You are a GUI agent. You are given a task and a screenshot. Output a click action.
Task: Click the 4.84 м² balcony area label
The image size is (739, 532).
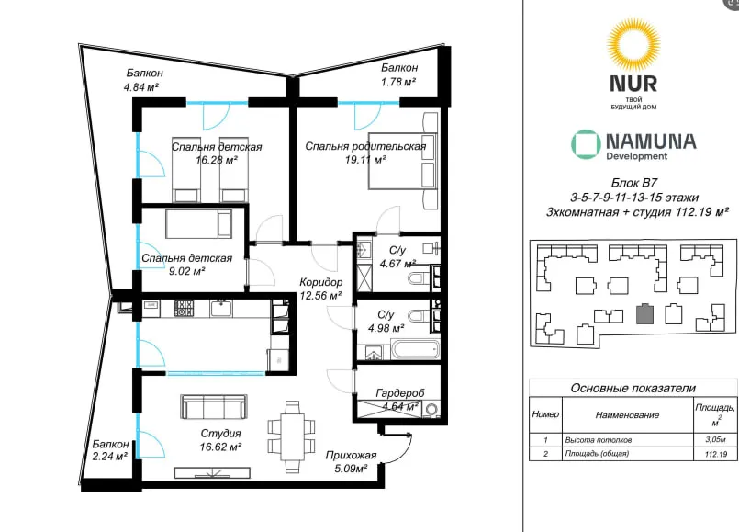tap(141, 87)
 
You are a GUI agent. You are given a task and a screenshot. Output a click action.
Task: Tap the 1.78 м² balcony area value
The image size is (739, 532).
tap(398, 82)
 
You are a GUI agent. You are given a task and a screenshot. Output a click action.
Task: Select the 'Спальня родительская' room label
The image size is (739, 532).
tap(365, 146)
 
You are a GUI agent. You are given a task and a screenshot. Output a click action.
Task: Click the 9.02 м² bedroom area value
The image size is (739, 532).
tap(186, 271)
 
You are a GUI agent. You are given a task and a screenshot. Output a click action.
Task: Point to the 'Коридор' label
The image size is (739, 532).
tap(321, 282)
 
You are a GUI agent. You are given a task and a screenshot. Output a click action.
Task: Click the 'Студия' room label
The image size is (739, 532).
tap(220, 434)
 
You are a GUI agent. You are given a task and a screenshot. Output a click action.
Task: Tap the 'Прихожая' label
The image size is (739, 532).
tap(351, 455)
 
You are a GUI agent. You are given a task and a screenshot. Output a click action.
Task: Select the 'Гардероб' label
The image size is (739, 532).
tap(400, 392)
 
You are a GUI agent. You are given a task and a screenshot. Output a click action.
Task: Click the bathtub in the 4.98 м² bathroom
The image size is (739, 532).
tap(416, 350)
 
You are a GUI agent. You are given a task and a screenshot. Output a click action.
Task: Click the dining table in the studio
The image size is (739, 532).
tap(292, 436)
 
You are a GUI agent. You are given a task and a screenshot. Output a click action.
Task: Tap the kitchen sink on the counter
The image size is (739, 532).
tap(221, 309)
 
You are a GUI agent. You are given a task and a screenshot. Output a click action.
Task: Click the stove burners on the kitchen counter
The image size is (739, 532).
tap(184, 309)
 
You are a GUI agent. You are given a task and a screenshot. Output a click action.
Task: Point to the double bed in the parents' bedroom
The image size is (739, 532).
tap(404, 161)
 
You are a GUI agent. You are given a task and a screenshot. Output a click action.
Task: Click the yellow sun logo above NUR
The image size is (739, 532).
tap(633, 44)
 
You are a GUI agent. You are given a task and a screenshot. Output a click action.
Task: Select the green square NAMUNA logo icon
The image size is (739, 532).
tap(586, 144)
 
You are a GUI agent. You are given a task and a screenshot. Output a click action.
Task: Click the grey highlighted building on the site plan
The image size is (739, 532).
tap(644, 314)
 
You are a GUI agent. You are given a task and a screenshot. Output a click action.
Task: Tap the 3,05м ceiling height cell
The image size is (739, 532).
tap(715, 439)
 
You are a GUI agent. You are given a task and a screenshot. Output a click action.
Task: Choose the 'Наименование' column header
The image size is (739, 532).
tap(627, 415)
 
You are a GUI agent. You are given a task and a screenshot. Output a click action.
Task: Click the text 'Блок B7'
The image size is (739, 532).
tap(634, 183)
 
